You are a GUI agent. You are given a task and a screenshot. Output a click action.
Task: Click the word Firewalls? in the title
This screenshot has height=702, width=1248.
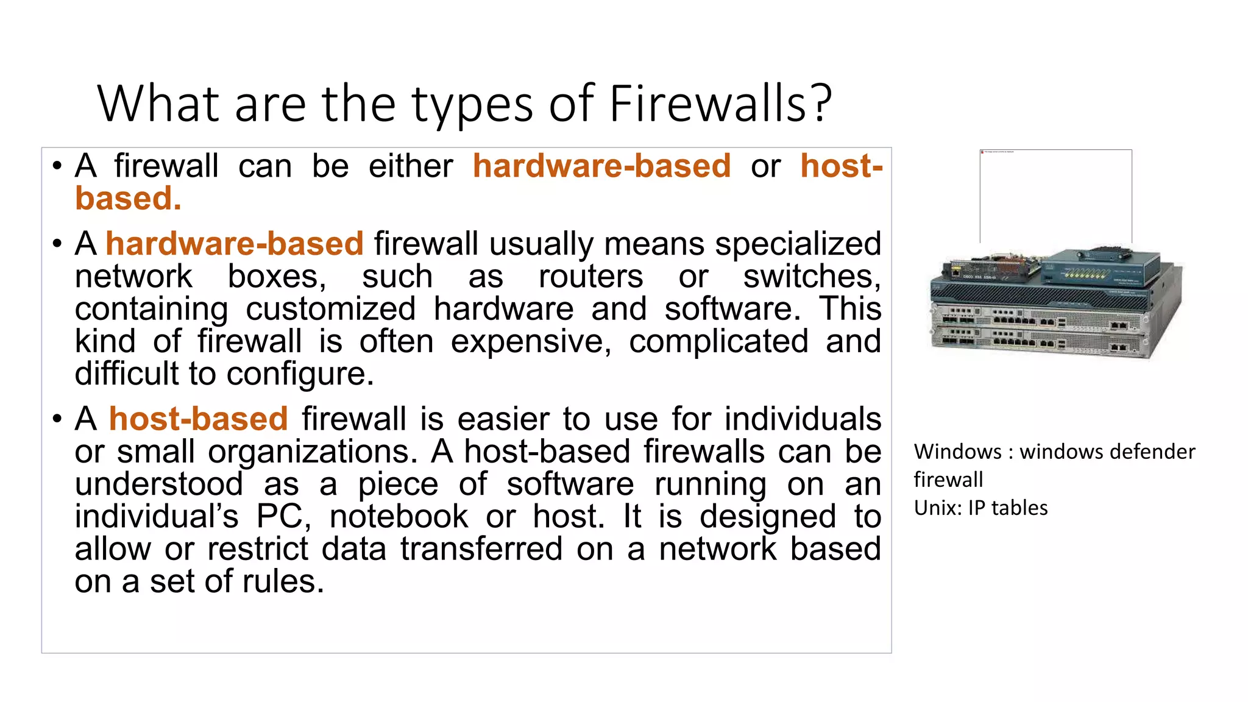(x=720, y=104)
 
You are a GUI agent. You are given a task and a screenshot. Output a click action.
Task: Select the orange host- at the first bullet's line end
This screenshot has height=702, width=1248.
(x=842, y=166)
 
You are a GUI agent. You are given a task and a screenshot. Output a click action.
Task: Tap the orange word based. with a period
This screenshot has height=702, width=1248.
(x=128, y=199)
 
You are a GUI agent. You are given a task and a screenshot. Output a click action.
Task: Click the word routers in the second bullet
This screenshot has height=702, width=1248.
(x=590, y=277)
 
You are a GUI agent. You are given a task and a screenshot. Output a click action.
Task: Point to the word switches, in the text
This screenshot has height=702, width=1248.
(x=812, y=277)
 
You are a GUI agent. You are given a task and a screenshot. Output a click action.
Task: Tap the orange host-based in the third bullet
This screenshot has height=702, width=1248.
(x=198, y=419)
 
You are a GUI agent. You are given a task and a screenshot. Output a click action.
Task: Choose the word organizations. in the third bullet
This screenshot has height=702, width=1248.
(x=313, y=452)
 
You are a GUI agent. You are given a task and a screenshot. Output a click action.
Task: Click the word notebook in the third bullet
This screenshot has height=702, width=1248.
(x=399, y=517)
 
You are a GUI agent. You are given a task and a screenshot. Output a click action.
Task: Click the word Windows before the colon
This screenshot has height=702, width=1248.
(x=957, y=452)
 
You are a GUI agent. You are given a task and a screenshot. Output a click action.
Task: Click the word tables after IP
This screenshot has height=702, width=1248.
(x=1019, y=508)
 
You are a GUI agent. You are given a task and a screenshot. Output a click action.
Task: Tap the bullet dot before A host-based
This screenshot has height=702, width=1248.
(x=57, y=419)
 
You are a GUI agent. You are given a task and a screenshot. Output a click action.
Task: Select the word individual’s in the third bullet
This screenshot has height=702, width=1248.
(x=157, y=517)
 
